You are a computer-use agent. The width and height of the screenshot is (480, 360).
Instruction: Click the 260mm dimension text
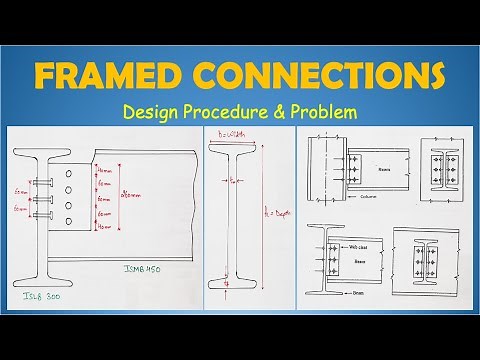125,194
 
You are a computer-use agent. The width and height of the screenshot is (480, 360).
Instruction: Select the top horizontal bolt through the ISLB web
42,183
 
